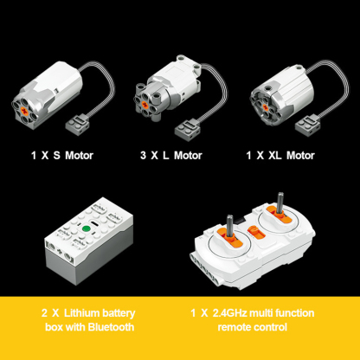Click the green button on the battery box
click(87, 228)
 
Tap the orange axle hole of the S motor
click(25, 110)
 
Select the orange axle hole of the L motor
click(145, 104)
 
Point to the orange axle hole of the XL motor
click(266, 108)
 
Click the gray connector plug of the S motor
click(77, 124)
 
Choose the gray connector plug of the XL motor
click(306, 125)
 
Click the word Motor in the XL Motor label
click(300, 156)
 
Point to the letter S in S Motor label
click(56, 156)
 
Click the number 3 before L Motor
click(143, 156)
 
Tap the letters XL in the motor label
click(274, 156)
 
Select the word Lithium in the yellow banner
click(81, 313)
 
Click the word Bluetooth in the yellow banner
click(111, 327)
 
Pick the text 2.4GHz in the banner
click(229, 313)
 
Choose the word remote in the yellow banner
click(235, 327)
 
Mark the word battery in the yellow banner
click(119, 313)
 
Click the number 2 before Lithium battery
click(44, 313)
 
